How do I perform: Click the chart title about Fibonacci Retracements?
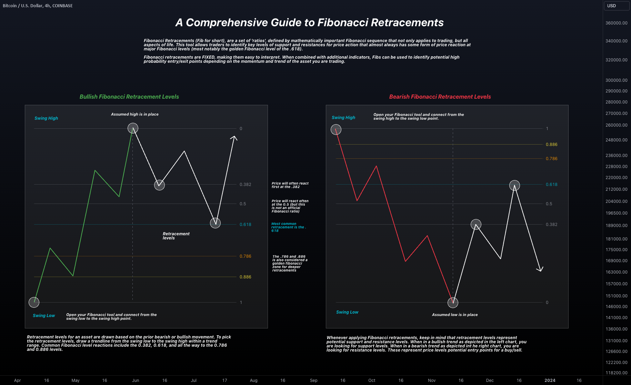(309, 22)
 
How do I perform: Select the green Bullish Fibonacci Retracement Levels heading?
(129, 97)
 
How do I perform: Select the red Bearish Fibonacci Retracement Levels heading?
(440, 97)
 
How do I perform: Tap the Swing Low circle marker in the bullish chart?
(34, 302)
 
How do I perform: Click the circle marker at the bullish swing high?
(133, 128)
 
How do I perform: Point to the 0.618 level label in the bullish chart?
(245, 225)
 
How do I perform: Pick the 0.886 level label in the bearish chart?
(551, 145)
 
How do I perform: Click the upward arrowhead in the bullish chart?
(234, 138)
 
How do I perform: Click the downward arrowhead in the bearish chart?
(540, 269)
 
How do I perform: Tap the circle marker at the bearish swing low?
(453, 303)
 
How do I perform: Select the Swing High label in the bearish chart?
(343, 118)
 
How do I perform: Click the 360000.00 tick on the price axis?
(616, 23)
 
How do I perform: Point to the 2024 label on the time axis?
(550, 380)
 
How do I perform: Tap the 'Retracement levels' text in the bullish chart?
(176, 236)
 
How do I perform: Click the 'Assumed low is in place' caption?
(454, 315)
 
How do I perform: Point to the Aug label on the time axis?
(253, 380)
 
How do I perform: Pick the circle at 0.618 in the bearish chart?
(514, 185)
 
